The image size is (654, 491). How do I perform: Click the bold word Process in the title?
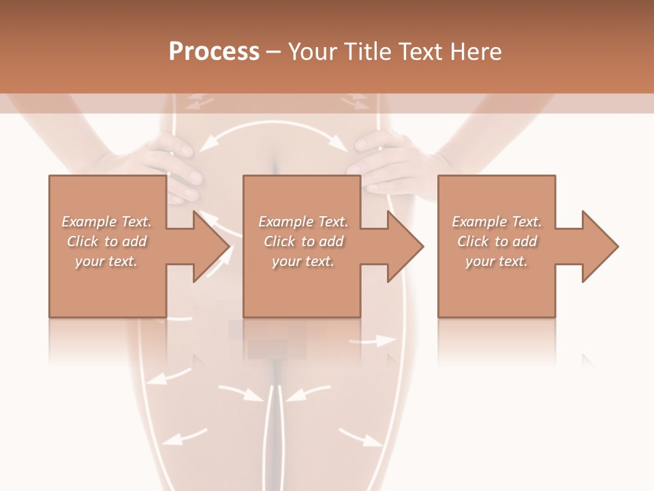click(x=214, y=52)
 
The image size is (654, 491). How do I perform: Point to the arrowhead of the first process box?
click(x=211, y=246)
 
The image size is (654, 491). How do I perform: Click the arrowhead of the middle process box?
click(x=405, y=246)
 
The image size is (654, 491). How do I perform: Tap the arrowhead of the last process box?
click(x=600, y=246)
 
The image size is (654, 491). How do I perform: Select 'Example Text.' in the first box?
click(x=106, y=222)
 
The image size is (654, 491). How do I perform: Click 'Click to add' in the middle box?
click(x=303, y=241)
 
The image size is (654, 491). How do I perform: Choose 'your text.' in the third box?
click(x=497, y=261)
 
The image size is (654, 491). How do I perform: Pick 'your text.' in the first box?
click(x=106, y=261)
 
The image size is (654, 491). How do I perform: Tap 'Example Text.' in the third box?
click(x=497, y=222)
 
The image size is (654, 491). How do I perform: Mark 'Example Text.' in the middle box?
click(x=303, y=222)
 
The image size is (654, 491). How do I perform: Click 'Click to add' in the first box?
click(x=106, y=241)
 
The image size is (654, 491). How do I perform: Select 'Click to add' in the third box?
click(x=497, y=241)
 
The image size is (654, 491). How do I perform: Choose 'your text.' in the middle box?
click(x=303, y=261)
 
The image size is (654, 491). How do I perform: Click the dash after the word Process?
click(x=273, y=53)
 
